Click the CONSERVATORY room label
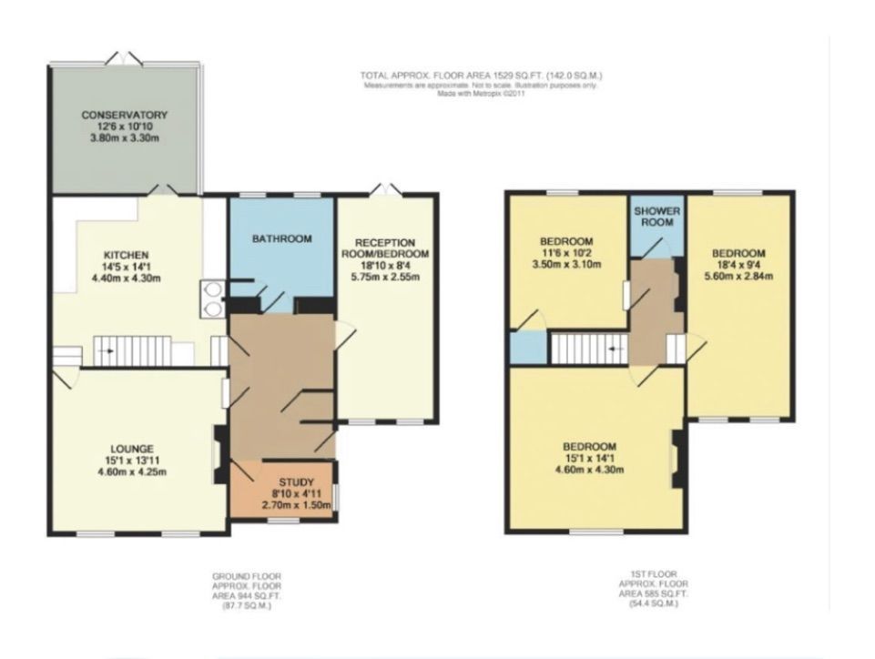tap(125, 115)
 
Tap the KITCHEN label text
tap(126, 254)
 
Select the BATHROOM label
tap(281, 238)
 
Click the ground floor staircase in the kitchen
tap(133, 350)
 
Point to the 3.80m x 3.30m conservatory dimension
tap(125, 138)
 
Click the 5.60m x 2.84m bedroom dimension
tap(739, 276)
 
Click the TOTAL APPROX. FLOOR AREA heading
tap(481, 76)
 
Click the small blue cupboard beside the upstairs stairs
tap(528, 348)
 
